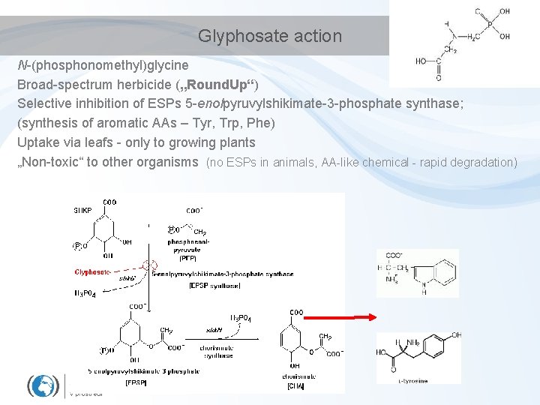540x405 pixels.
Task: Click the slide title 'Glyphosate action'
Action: point(269,36)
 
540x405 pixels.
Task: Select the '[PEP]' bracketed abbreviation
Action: point(187,258)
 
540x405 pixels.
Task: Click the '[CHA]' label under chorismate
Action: point(295,385)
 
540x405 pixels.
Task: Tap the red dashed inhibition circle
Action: point(150,265)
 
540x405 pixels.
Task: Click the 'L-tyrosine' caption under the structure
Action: point(413,381)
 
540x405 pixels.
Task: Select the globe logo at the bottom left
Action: point(43,385)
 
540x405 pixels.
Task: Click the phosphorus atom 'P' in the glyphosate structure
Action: point(488,23)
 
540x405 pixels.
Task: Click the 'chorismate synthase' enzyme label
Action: point(218,351)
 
